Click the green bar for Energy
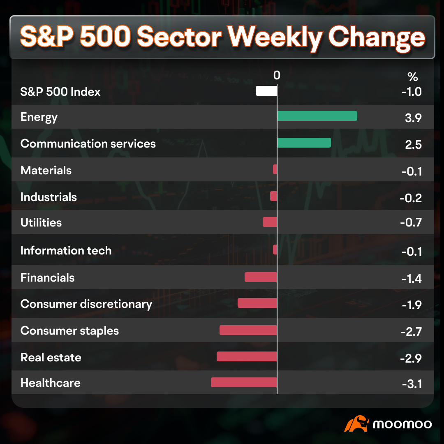click(317, 116)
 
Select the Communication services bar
click(304, 143)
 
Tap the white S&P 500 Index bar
click(266, 91)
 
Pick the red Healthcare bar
click(244, 382)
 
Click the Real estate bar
click(247, 356)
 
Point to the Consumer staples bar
click(248, 330)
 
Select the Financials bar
click(261, 277)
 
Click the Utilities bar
click(270, 222)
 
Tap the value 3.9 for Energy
click(413, 118)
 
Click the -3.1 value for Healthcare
click(412, 384)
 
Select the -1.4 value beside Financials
click(412, 279)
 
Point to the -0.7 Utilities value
click(411, 222)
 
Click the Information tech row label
click(66, 251)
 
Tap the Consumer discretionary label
click(86, 304)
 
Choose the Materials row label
click(46, 171)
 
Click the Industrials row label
click(49, 197)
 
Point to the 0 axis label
click(277, 75)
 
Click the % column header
click(413, 77)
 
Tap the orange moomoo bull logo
click(356, 423)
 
